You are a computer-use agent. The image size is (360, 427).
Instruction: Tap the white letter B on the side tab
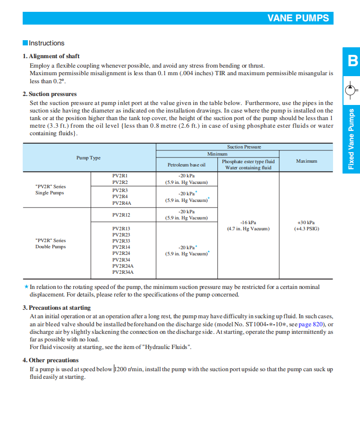(x=352, y=61)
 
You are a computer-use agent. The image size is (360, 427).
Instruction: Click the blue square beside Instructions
(x=26, y=43)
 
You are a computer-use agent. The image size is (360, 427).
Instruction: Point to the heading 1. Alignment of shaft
(x=51, y=56)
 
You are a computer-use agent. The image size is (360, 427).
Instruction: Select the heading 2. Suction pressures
(x=50, y=94)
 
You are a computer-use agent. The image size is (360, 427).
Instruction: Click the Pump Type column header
(x=88, y=158)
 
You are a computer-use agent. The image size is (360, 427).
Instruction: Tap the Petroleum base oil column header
(x=187, y=165)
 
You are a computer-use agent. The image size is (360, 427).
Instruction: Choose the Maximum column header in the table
(x=307, y=161)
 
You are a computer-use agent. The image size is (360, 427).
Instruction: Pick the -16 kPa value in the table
(x=248, y=222)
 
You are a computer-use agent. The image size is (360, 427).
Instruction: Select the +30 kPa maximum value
(x=306, y=222)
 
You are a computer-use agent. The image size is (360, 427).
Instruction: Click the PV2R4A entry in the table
(x=121, y=203)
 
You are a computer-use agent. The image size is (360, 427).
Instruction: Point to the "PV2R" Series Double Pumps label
(x=51, y=244)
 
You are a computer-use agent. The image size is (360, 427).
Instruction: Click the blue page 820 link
(x=311, y=324)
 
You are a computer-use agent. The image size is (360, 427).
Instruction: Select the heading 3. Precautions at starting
(x=57, y=308)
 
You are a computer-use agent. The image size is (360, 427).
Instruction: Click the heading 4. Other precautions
(x=51, y=360)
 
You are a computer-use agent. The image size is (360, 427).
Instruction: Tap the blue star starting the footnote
(x=26, y=287)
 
